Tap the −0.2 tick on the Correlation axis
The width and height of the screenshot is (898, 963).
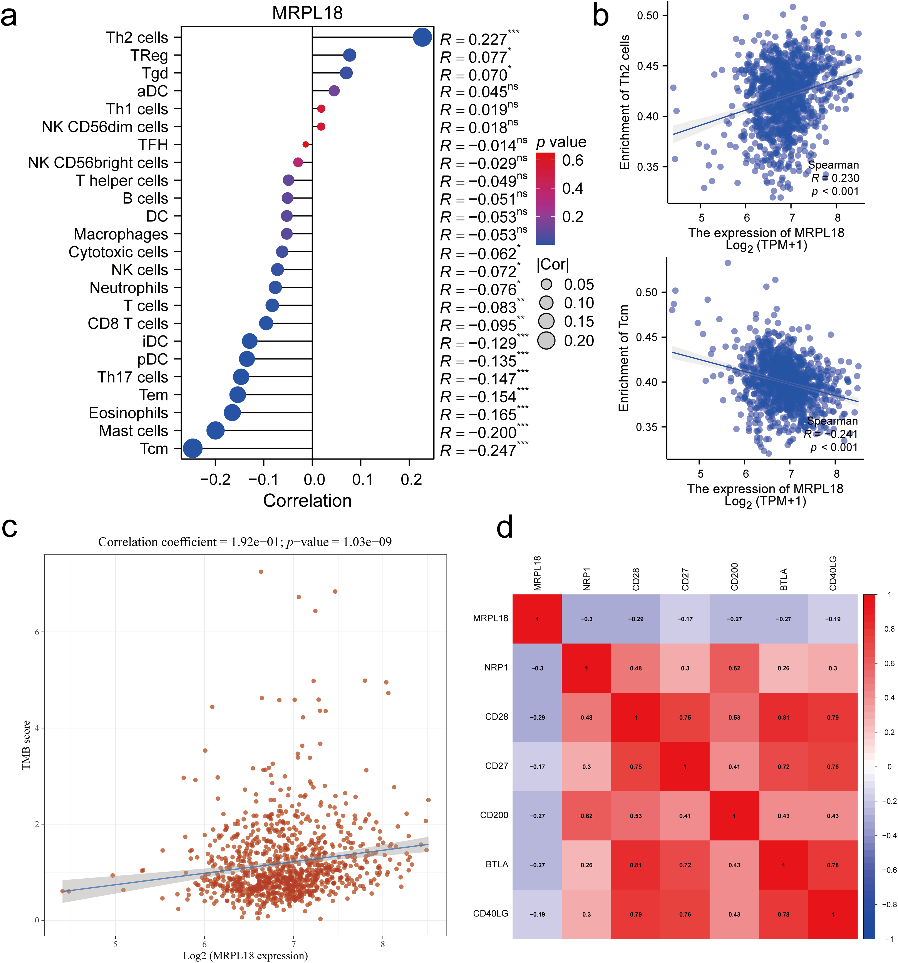[215, 480]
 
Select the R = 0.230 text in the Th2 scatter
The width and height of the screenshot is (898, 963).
[835, 178]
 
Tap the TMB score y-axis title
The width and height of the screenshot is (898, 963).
[26, 745]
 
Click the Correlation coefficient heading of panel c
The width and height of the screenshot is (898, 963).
[245, 541]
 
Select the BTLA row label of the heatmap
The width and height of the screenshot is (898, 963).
[496, 864]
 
